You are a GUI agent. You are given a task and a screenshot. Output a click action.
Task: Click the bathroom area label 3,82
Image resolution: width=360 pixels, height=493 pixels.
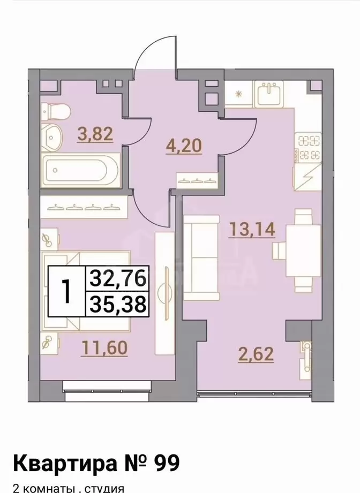click(95, 134)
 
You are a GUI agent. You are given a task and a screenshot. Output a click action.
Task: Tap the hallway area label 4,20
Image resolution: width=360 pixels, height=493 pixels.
click(183, 146)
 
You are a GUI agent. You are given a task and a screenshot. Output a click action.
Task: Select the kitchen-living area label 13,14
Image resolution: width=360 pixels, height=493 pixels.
click(252, 229)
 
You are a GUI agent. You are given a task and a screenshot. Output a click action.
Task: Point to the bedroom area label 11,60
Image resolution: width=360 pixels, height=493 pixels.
click(104, 348)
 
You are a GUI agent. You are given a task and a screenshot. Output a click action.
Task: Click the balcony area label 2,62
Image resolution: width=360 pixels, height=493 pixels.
click(256, 354)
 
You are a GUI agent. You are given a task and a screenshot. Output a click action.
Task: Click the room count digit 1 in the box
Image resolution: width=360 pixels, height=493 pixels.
click(66, 291)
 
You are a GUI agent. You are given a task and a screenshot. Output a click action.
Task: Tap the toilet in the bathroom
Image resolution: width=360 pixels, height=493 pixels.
click(57, 112)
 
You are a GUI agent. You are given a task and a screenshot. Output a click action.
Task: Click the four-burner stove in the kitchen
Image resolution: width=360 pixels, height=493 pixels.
click(309, 147)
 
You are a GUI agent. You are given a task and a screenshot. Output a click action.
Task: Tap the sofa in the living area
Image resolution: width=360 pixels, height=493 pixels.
click(201, 257)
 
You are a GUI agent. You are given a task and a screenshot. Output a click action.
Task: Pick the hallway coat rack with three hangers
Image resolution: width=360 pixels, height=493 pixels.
click(197, 180)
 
